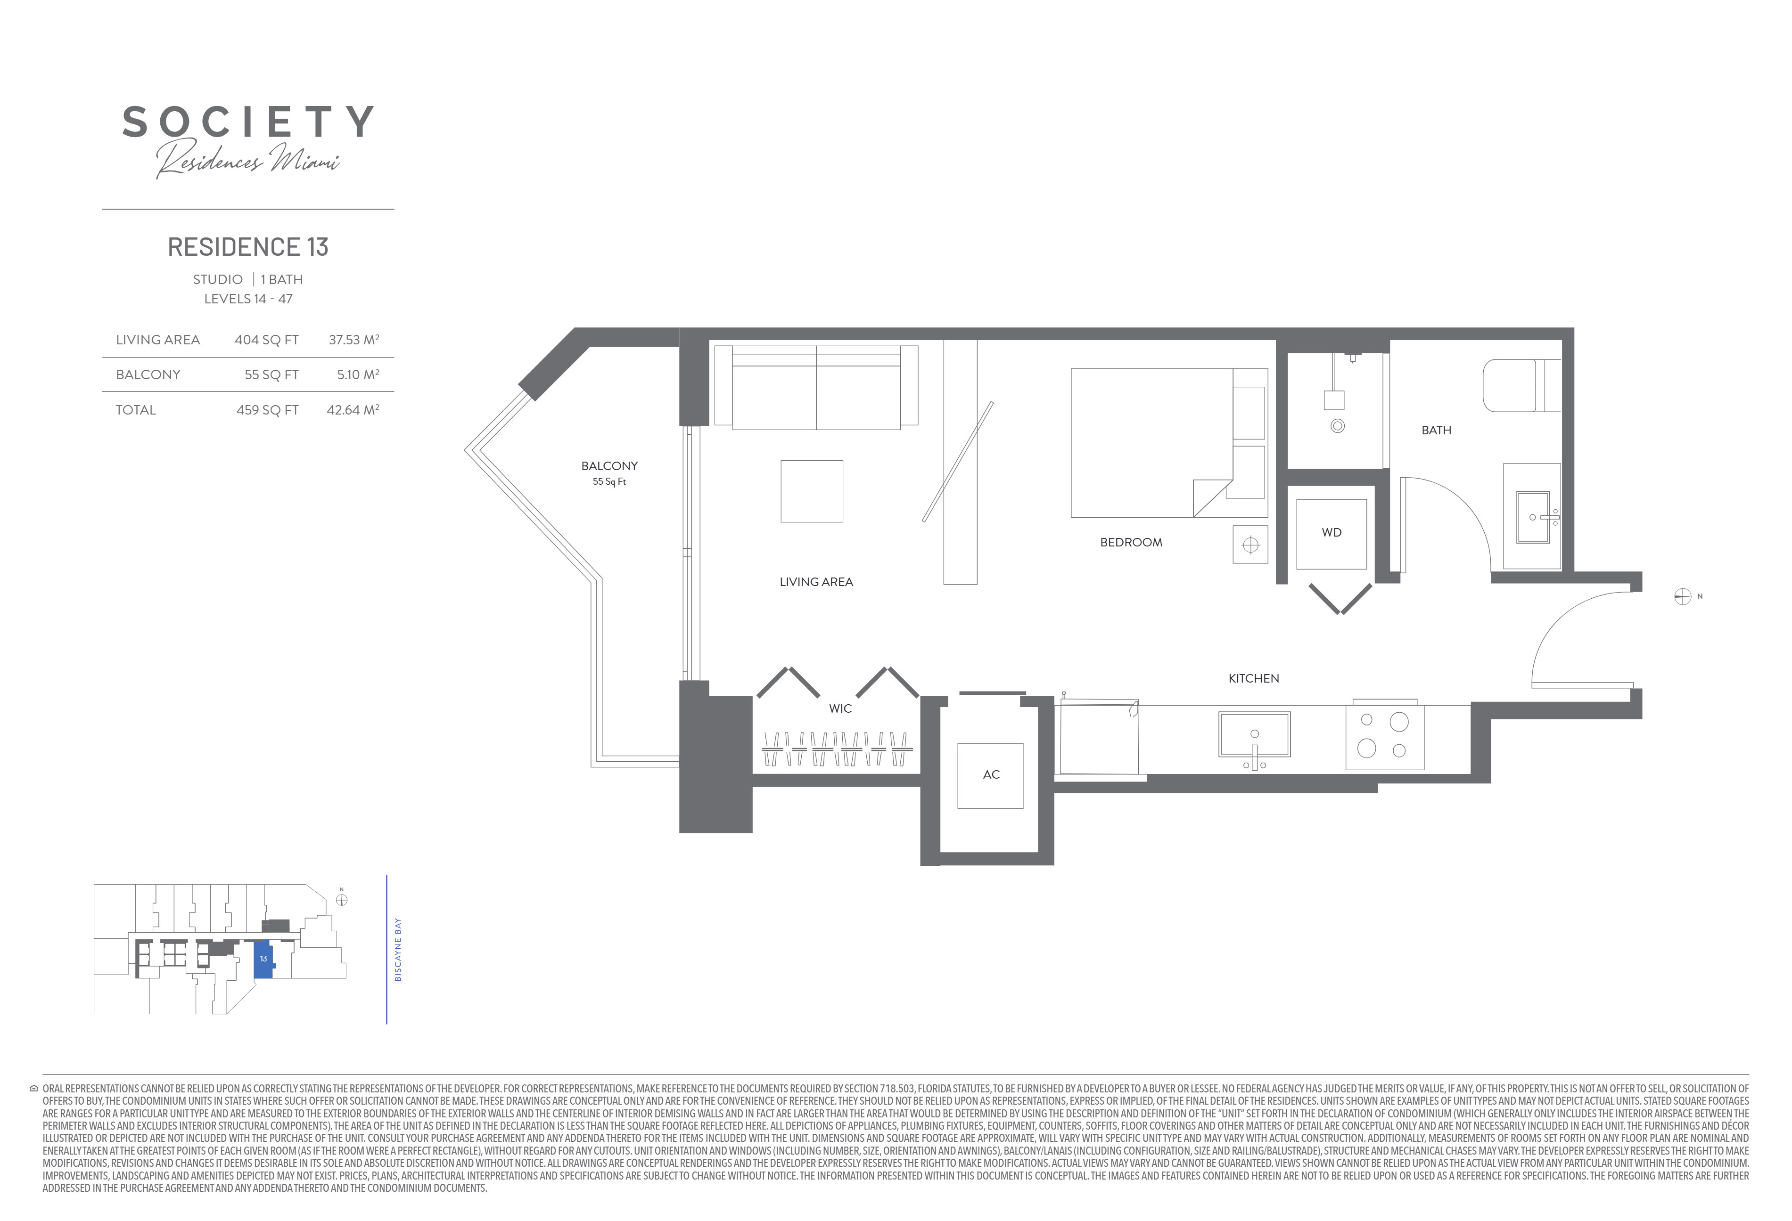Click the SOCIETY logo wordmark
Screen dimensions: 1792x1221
tap(248, 122)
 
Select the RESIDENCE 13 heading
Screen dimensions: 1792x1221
tap(248, 247)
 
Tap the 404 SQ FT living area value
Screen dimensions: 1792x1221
tap(267, 340)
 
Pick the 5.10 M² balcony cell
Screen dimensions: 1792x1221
tap(358, 374)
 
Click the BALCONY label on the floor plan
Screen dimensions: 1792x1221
tap(609, 465)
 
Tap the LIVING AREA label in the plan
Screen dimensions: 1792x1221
tap(816, 582)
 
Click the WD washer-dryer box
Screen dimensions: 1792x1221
tap(1332, 533)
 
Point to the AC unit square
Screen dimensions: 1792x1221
tap(990, 775)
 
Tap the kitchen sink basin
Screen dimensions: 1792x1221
tap(1255, 734)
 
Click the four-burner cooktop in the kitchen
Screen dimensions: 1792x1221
tap(1385, 736)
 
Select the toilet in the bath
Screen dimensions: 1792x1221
tap(1521, 385)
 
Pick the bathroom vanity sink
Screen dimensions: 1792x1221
tap(1533, 517)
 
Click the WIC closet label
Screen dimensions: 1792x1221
tap(840, 708)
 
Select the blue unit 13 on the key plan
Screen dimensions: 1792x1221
tap(263, 959)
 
